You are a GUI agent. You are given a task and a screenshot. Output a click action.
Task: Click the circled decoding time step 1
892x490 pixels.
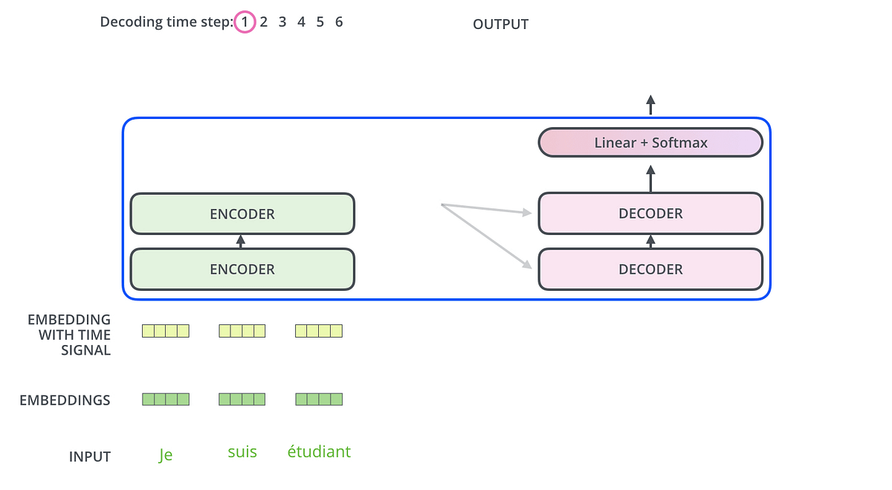[x=244, y=22]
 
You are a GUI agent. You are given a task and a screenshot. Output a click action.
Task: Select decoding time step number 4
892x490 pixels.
[x=301, y=22]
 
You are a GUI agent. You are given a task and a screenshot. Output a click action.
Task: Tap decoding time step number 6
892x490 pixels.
[x=339, y=22]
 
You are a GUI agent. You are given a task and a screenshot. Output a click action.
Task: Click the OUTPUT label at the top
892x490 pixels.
[x=500, y=25]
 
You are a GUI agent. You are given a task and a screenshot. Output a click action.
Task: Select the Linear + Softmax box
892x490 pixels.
[x=650, y=143]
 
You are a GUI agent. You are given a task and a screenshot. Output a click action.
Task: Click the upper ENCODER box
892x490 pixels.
[x=242, y=214]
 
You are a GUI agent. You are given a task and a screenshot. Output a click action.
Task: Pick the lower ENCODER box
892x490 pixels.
[x=242, y=269]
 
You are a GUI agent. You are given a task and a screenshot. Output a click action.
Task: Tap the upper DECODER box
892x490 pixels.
[x=650, y=214]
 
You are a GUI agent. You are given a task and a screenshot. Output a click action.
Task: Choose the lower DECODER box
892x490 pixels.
[x=650, y=269]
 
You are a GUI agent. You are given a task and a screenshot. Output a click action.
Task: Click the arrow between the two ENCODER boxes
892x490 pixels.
[x=240, y=241]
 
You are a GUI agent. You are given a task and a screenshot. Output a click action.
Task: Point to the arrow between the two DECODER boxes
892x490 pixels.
[x=651, y=241]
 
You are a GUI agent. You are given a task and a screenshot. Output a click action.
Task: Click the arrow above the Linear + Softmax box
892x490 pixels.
[x=650, y=105]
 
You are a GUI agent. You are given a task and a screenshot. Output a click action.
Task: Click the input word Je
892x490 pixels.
[x=166, y=454]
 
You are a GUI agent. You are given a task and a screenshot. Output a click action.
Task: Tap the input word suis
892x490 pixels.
[x=242, y=452]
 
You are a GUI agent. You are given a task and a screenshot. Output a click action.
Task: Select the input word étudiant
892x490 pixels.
[x=319, y=452]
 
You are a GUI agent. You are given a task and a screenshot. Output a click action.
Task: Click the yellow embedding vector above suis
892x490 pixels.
[x=242, y=331]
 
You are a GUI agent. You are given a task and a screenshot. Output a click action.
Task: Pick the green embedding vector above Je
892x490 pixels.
[x=166, y=399]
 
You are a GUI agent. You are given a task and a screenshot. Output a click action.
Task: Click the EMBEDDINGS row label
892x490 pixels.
[x=65, y=401]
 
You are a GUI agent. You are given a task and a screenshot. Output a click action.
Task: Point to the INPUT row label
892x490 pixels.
[x=89, y=457]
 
